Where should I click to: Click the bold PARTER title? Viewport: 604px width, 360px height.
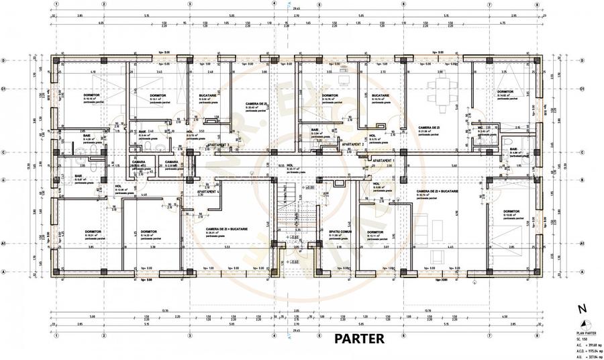point(359,339)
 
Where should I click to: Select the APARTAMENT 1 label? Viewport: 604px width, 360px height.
point(384,162)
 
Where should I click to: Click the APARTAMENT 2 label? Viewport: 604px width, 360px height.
point(353,144)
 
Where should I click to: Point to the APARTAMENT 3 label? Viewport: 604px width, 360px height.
point(218,144)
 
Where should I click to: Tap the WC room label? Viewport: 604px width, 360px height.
point(481,127)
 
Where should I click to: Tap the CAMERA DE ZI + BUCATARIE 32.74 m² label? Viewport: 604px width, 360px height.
point(436,191)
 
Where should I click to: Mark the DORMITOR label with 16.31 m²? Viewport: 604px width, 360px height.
point(93,232)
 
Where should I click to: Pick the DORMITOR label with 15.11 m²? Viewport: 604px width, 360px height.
point(375,232)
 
